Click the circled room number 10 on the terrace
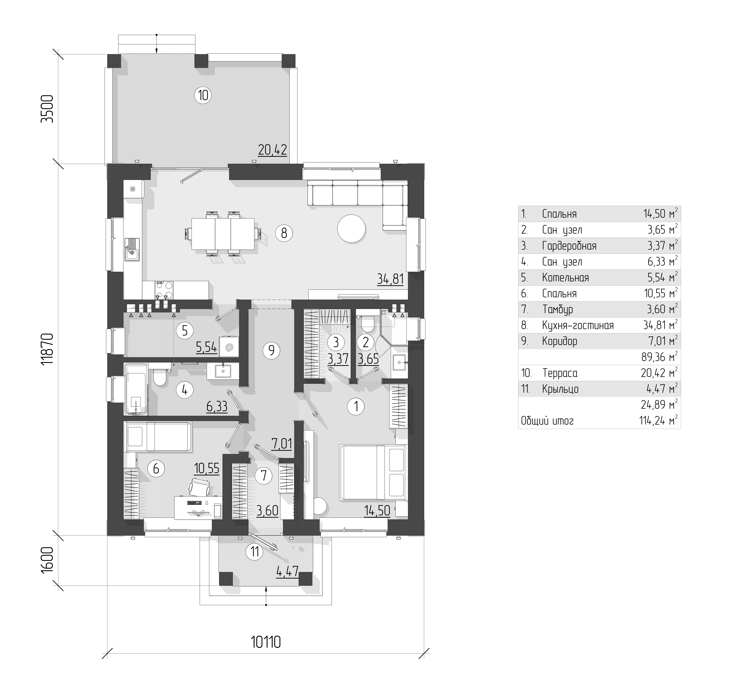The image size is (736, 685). [x=203, y=96]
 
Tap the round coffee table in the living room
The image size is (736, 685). [x=351, y=228]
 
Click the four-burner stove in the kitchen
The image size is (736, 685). [x=164, y=290]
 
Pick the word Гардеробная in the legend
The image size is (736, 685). [x=569, y=246]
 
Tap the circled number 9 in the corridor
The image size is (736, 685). [x=272, y=350]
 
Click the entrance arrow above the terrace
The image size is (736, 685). [x=157, y=44]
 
